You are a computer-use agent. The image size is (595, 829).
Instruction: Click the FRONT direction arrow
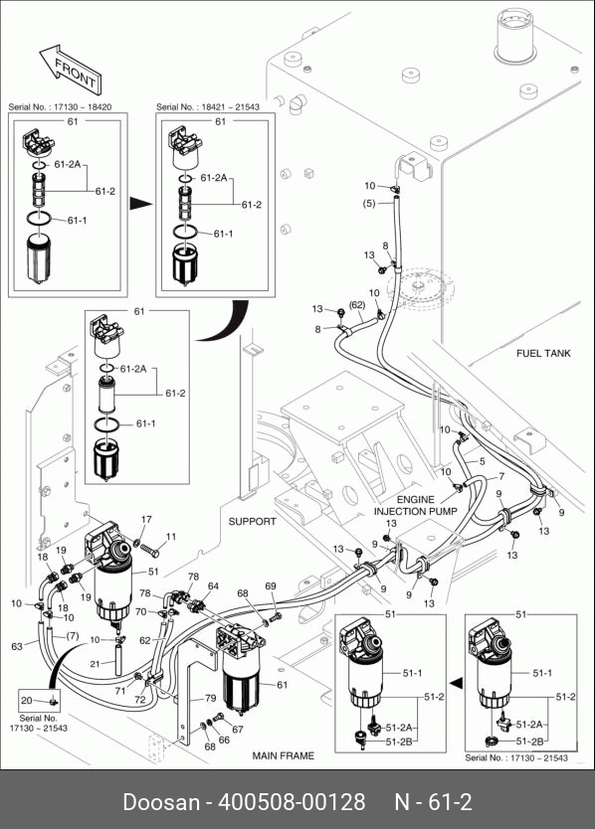click(x=71, y=68)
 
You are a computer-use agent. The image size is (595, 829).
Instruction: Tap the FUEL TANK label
click(x=543, y=353)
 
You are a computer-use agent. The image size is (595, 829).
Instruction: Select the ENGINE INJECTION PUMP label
click(x=416, y=505)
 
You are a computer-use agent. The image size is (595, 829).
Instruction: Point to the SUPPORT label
click(x=252, y=521)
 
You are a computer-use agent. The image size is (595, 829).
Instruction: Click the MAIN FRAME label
click(x=284, y=755)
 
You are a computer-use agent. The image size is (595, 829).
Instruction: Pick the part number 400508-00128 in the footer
click(x=292, y=801)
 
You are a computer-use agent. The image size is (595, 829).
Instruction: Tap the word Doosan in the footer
click(x=161, y=801)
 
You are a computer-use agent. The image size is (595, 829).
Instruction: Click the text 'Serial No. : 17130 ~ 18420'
click(x=60, y=106)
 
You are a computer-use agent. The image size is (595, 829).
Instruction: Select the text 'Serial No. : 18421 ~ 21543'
click(x=208, y=106)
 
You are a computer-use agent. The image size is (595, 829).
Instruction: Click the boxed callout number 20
click(x=27, y=700)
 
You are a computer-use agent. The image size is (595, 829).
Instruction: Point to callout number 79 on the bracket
click(x=210, y=698)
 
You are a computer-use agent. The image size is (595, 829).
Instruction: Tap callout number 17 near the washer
click(x=146, y=519)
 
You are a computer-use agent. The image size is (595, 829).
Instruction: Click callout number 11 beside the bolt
click(x=171, y=537)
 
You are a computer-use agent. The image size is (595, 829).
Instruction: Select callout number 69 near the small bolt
click(x=271, y=585)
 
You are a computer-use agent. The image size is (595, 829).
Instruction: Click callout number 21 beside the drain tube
click(x=95, y=664)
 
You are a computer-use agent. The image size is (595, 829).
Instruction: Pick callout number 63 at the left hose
click(x=17, y=646)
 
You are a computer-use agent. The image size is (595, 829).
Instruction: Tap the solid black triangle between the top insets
click(x=141, y=204)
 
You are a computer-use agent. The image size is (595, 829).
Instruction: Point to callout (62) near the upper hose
click(x=357, y=305)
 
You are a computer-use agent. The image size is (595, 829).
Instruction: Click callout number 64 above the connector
click(x=213, y=585)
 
